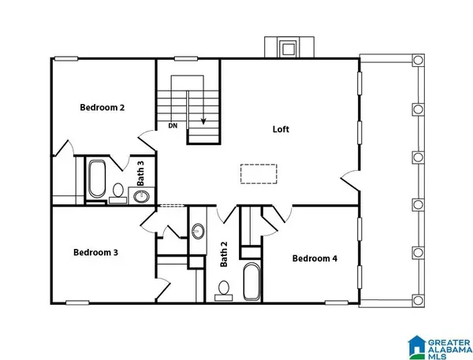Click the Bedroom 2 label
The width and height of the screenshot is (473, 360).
coord(102,107)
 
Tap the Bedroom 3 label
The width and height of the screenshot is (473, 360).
coord(95,252)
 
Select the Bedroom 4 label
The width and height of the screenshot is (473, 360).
coord(315,258)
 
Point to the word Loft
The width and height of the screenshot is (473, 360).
coord(281,129)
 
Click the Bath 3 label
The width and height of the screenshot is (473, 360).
coord(140,173)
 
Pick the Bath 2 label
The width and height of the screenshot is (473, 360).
coord(224,254)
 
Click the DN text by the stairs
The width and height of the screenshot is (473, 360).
coord(173,126)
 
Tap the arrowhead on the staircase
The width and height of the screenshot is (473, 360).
coord(203,121)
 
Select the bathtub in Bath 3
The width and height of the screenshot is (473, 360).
coord(97,179)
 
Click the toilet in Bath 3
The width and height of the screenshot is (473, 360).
coord(118,193)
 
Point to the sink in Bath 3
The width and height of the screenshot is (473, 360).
coord(141,197)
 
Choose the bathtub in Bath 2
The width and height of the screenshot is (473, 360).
coord(251,281)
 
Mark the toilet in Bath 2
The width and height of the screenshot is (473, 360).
coord(224,291)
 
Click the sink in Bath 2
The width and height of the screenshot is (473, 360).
coord(198,232)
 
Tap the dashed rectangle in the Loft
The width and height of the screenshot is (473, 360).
coord(259,173)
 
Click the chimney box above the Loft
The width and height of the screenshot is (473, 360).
coord(289,47)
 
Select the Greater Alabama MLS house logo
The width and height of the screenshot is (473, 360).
coord(417,347)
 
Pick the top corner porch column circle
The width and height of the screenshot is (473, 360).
coord(418,60)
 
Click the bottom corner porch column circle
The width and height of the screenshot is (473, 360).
coord(418,300)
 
